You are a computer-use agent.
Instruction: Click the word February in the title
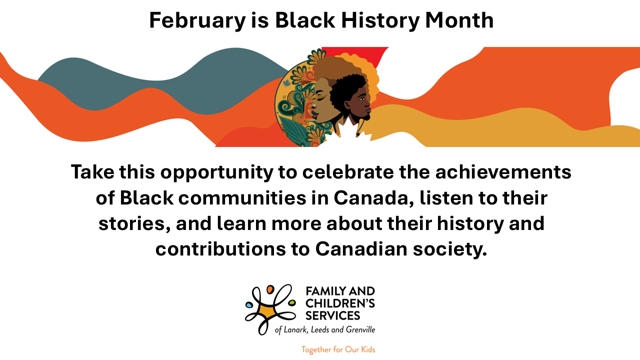point(197,20)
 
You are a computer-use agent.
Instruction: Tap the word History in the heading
point(380,20)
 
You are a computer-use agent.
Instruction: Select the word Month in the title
point(459,20)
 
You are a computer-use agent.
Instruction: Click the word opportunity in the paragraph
point(217,173)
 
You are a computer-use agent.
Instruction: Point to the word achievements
point(503,172)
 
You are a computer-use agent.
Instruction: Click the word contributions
point(220,249)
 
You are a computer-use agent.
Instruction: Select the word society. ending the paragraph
point(449,249)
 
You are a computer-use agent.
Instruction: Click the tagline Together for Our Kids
point(338,349)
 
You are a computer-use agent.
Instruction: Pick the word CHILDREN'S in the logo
point(340,303)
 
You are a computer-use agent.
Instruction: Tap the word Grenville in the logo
point(360,329)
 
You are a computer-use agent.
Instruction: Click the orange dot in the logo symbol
point(270,289)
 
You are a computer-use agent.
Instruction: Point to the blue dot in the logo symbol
point(249,305)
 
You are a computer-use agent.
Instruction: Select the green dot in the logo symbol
point(291,302)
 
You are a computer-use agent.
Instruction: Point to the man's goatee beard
point(364,117)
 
